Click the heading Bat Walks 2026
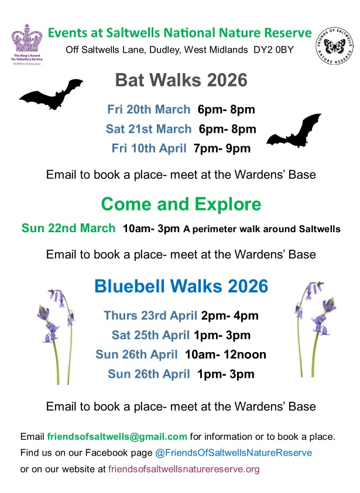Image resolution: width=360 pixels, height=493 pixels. [181, 80]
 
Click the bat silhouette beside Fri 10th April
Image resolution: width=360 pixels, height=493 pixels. [294, 132]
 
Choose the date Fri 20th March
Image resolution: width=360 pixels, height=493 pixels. [149, 109]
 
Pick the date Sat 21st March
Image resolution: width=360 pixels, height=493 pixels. [149, 129]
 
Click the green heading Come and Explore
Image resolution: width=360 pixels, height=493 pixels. [181, 204]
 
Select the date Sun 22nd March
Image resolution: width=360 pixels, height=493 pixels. [68, 228]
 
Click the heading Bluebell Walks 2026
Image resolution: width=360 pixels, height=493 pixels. [181, 287]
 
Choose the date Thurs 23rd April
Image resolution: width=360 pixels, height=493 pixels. [150, 316]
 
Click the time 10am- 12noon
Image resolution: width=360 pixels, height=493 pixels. [225, 354]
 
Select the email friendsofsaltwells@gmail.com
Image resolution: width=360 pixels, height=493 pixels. [117, 437]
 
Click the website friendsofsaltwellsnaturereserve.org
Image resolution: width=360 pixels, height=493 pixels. [184, 468]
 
